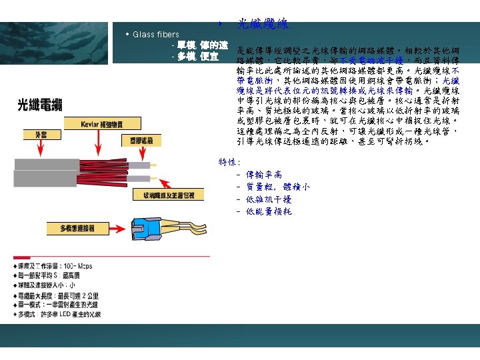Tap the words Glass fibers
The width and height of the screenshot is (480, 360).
(x=156, y=34)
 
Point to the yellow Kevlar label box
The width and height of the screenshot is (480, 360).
(x=101, y=123)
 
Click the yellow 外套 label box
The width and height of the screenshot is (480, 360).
(x=31, y=135)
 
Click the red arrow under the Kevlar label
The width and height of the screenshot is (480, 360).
(x=101, y=143)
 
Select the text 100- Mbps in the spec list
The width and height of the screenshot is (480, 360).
(x=79, y=266)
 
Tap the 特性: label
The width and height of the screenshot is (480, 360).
(x=230, y=161)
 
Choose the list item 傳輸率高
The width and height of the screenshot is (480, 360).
(x=263, y=175)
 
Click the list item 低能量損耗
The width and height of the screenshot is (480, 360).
(x=269, y=211)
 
